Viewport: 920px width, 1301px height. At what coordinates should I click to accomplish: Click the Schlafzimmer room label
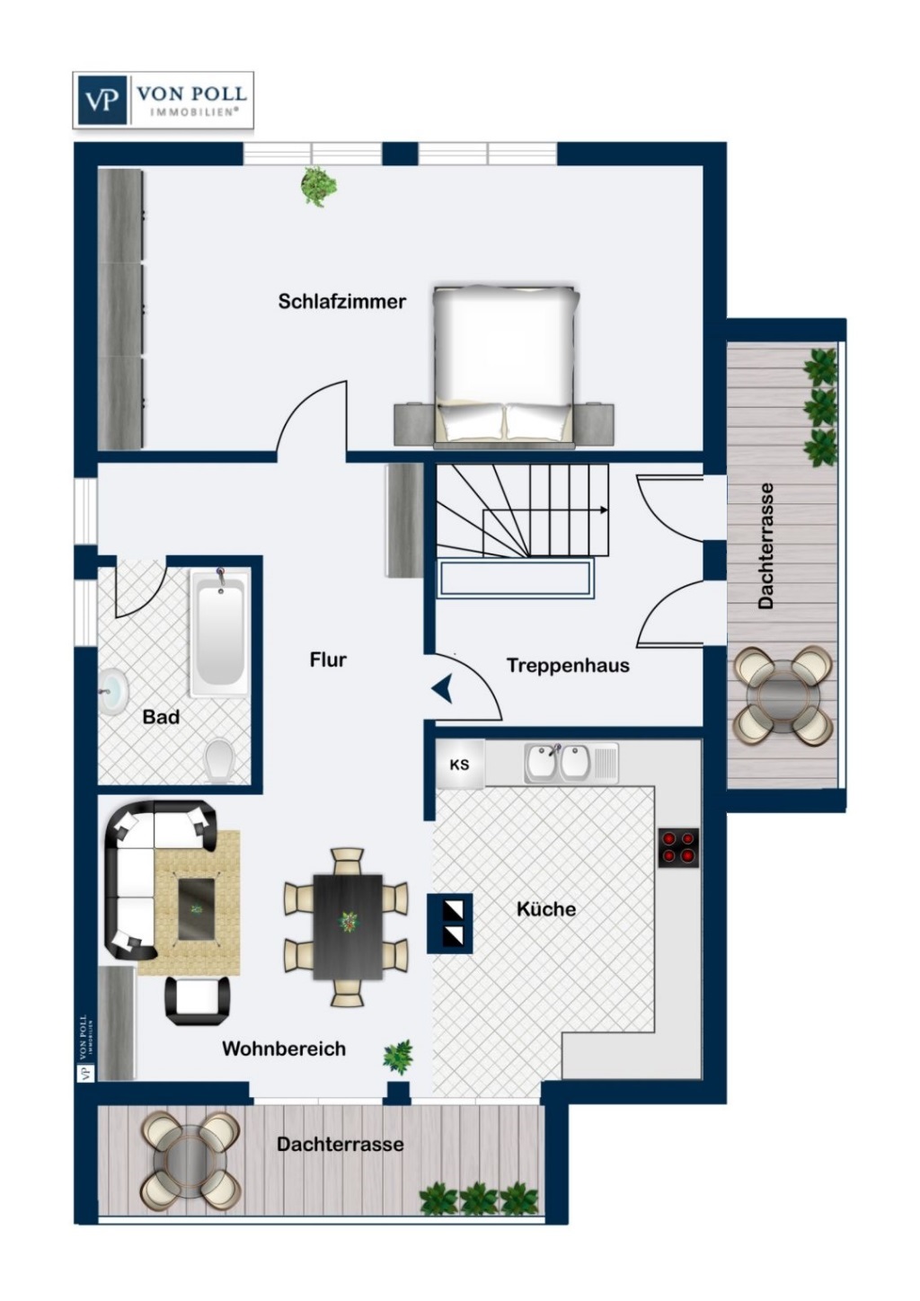(341, 301)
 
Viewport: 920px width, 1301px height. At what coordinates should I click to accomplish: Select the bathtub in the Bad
(219, 633)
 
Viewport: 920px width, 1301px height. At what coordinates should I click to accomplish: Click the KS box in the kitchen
(459, 766)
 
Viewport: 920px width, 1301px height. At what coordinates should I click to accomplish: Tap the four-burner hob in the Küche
(678, 846)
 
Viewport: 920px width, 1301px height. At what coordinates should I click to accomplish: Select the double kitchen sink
(560, 762)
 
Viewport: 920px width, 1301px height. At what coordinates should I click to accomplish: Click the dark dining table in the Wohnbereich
(348, 925)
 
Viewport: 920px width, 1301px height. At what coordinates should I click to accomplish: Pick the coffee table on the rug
(197, 909)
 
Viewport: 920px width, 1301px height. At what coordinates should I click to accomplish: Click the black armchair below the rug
(198, 1000)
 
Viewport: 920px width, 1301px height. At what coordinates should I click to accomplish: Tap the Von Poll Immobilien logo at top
(164, 99)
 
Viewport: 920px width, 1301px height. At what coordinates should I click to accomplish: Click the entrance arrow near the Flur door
(442, 690)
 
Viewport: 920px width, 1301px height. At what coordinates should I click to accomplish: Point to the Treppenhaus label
(568, 666)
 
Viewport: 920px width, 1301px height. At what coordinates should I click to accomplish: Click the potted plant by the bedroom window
(318, 186)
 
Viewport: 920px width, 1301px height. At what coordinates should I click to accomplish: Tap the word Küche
(546, 908)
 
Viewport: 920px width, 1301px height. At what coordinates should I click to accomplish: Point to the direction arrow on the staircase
(603, 510)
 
